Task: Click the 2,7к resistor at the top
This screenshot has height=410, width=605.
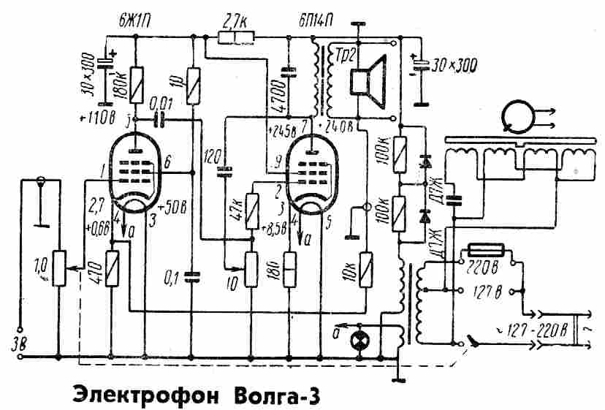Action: [x=236, y=38]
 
